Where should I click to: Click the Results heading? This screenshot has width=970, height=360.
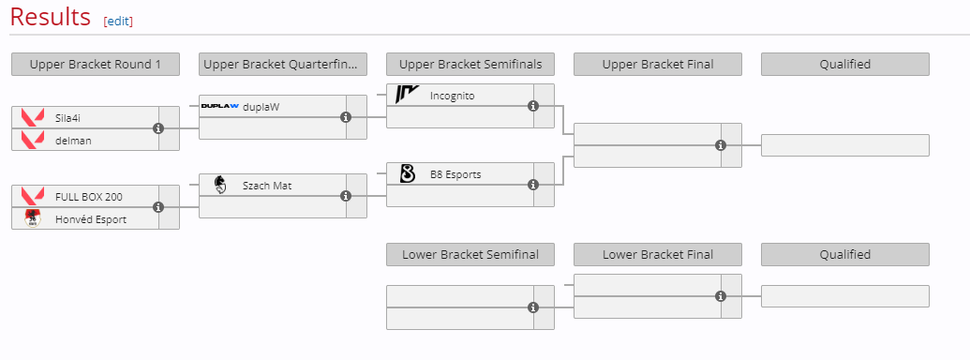[x=51, y=17]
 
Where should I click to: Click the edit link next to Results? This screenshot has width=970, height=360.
[x=118, y=21]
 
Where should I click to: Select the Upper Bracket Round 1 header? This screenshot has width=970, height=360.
[x=96, y=65]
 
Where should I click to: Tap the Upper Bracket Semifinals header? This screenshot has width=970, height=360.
[x=470, y=65]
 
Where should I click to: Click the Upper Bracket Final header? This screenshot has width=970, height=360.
[x=658, y=65]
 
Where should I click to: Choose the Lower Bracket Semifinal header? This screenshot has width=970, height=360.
[x=470, y=255]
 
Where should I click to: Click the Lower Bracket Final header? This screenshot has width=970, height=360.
[x=658, y=255]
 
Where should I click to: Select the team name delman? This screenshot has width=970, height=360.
[x=73, y=141]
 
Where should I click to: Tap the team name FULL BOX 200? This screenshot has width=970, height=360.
[x=89, y=197]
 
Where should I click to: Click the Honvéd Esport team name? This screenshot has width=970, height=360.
[x=91, y=219]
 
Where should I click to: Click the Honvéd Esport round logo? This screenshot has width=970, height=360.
[x=33, y=218]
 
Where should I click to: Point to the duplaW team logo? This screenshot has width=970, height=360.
[x=220, y=106]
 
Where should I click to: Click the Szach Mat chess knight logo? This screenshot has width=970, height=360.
[x=220, y=185]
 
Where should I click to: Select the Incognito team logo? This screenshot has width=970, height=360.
[x=408, y=95]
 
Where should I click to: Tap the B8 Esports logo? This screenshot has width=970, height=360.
[x=408, y=173]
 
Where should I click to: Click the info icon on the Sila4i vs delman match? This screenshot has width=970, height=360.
[x=158, y=128]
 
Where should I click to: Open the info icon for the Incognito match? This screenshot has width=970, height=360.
[x=533, y=106]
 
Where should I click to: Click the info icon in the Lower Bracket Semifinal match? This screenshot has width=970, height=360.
[x=533, y=307]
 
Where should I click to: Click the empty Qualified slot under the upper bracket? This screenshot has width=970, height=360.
[x=845, y=145]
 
